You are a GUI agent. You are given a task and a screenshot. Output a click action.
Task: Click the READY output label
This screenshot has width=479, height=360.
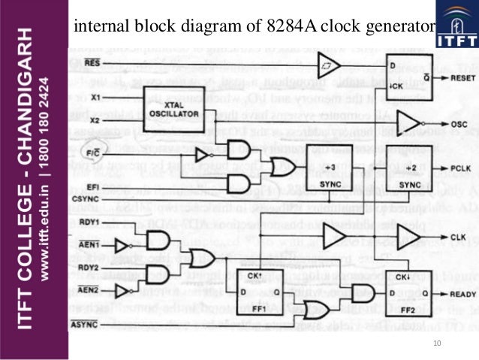click(x=461, y=295)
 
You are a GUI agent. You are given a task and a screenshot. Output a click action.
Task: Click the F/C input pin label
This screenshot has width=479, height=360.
click(x=93, y=154)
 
